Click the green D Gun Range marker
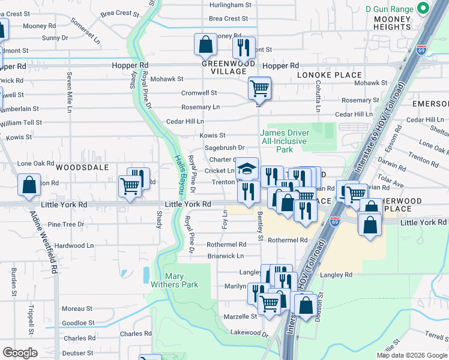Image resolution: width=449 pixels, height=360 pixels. (423, 8)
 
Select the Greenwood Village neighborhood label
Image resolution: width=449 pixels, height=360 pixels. (228, 67)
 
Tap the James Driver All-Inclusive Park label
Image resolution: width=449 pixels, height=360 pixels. (285, 141)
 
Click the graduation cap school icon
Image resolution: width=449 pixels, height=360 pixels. (247, 168)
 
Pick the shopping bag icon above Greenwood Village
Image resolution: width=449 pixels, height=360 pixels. (205, 44)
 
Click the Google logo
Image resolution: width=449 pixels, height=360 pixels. (20, 352)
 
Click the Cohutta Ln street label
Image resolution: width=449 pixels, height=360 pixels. (318, 97)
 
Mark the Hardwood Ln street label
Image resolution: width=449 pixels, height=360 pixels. (74, 245)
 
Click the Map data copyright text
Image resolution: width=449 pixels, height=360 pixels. (411, 355)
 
